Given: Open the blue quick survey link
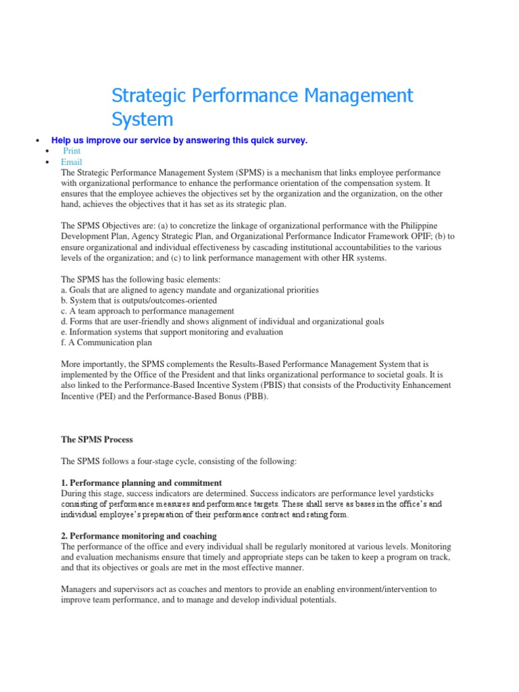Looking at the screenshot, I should coord(179,140).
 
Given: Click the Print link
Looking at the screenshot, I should coord(72,151).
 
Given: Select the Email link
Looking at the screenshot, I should coord(71,162).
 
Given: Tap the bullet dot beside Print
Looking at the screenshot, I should coord(46,152).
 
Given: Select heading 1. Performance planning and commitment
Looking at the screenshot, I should coord(141,483).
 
